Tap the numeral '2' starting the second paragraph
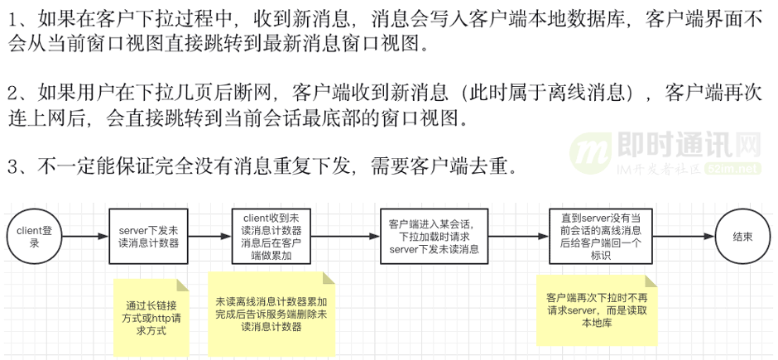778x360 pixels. tap(13, 92)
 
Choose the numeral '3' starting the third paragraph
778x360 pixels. tap(13, 167)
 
